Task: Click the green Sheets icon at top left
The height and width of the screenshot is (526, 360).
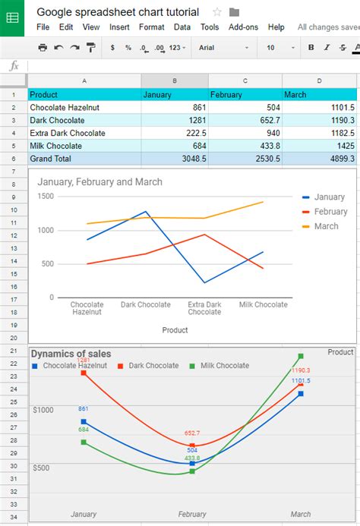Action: tap(14, 18)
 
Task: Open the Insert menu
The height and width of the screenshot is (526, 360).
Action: tap(119, 27)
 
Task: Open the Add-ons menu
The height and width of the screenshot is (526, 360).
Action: tap(243, 27)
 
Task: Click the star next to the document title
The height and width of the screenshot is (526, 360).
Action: tap(217, 12)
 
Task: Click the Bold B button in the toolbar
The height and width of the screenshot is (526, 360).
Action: tap(311, 47)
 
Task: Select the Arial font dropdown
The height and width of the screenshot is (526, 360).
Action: tap(223, 47)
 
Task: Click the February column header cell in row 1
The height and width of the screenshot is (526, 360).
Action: tap(245, 95)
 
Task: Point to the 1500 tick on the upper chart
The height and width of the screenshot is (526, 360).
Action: tap(45, 196)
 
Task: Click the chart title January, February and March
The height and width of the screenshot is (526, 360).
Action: tap(99, 182)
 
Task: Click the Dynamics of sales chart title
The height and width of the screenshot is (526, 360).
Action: tap(71, 354)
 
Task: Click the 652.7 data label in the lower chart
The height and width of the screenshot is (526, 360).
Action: tap(193, 433)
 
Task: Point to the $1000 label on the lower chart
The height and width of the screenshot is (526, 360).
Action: tap(43, 410)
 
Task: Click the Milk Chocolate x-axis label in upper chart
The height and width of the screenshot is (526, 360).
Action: tap(264, 304)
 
